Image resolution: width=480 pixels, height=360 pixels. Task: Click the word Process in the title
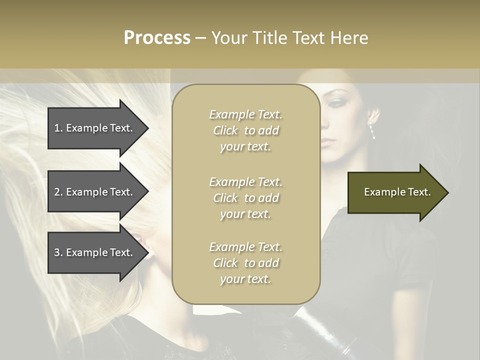pyautogui.click(x=157, y=38)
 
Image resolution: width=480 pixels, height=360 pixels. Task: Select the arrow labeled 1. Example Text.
pyautogui.click(x=95, y=128)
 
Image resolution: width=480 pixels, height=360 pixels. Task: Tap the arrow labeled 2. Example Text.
pyautogui.click(x=95, y=192)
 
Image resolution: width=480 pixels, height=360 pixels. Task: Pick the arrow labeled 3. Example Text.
pyautogui.click(x=95, y=252)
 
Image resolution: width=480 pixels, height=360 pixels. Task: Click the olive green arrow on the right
pyautogui.click(x=395, y=192)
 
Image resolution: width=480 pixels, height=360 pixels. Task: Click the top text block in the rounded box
pyautogui.click(x=245, y=130)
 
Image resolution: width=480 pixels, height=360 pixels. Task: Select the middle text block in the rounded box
pyautogui.click(x=245, y=198)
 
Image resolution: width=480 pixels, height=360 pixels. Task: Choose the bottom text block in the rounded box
pyautogui.click(x=245, y=263)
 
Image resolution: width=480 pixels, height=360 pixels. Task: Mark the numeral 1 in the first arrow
pyautogui.click(x=57, y=128)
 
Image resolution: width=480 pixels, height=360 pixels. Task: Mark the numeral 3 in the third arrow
pyautogui.click(x=57, y=252)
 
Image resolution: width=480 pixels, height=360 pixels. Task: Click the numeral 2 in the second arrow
pyautogui.click(x=57, y=192)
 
